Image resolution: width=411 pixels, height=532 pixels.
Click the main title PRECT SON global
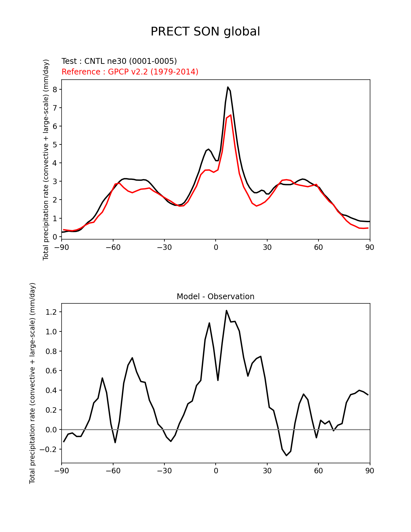[205, 32]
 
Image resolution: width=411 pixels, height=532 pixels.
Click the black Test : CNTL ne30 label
[119, 61]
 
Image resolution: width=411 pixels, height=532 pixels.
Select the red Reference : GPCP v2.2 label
[130, 72]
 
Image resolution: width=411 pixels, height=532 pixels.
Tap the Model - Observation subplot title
[215, 297]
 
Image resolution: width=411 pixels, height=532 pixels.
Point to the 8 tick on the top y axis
[55, 89]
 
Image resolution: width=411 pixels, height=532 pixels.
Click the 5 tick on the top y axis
[55, 145]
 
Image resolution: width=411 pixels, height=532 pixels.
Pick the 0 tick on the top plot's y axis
[55, 237]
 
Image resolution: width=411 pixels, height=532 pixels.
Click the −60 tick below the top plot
[113, 247]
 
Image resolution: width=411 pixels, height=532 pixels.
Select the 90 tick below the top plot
[370, 247]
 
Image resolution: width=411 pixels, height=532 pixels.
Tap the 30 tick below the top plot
[267, 247]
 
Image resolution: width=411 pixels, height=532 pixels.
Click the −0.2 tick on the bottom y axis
[50, 449]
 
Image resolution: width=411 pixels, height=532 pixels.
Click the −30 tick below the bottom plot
[164, 471]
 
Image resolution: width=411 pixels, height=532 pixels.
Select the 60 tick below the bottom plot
[318, 471]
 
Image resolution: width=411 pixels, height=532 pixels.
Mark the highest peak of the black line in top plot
[228, 87]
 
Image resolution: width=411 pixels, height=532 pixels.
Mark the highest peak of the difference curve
[227, 310]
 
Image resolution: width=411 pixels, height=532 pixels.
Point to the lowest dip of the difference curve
[286, 455]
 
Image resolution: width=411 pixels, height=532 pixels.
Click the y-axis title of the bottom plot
[32, 383]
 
